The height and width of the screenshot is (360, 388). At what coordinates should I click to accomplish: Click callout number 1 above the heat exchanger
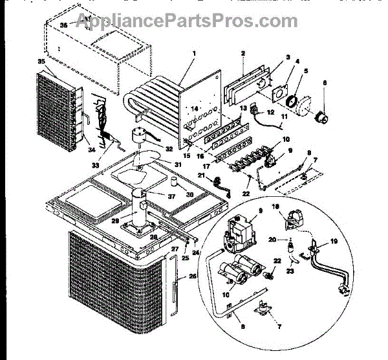(x=193, y=52)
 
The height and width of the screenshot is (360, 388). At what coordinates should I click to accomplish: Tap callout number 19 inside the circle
(x=334, y=240)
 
